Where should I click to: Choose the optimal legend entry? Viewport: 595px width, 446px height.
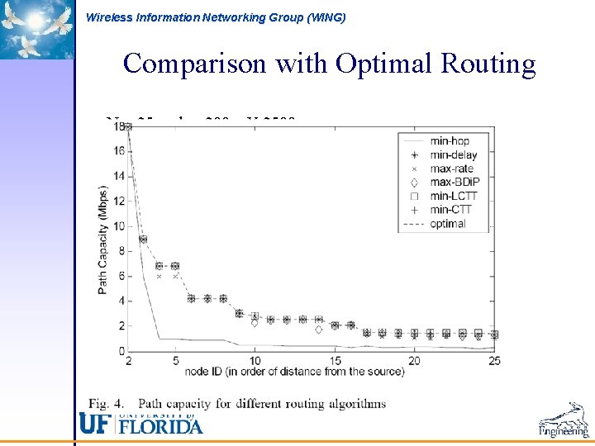[x=447, y=223]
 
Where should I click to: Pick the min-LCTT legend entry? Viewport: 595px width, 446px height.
[x=454, y=196]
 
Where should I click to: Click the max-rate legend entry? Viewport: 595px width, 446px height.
[x=452, y=168]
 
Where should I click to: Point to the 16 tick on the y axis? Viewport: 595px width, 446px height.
[x=119, y=151]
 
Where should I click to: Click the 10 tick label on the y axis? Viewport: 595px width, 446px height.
[x=119, y=226]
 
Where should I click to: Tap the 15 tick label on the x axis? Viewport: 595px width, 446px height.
[x=335, y=360]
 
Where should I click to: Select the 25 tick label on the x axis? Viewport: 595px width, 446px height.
[x=494, y=360]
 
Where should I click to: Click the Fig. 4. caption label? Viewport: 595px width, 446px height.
[x=107, y=404]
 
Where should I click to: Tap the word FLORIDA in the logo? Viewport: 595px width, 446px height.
[x=161, y=426]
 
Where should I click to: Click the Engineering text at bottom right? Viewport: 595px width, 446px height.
[x=564, y=431]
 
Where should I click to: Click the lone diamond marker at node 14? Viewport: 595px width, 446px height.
[x=319, y=330]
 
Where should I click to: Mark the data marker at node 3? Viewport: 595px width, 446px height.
[x=144, y=240]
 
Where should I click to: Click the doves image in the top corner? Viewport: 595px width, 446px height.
[x=36, y=29]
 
